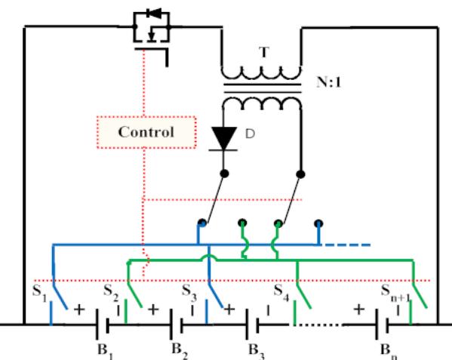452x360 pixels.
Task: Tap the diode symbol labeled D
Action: coord(225,137)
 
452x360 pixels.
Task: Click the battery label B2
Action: coord(176,349)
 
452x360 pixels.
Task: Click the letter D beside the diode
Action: coord(249,134)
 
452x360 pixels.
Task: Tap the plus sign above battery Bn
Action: coord(358,309)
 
